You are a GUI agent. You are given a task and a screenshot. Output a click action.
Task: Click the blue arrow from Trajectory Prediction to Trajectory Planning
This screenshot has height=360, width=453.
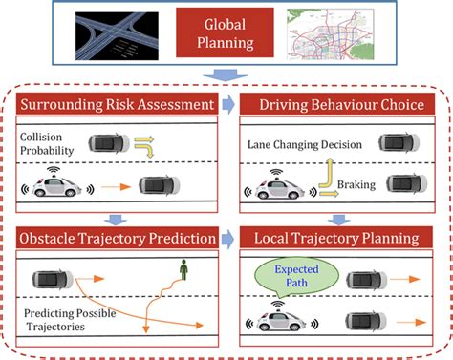226,236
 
